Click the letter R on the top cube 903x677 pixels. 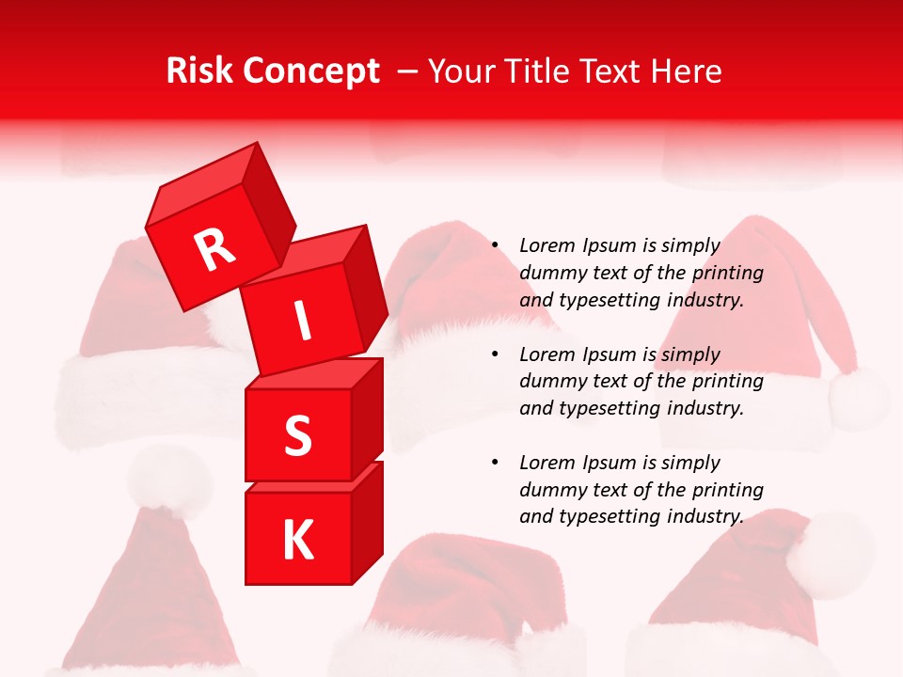pos(214,249)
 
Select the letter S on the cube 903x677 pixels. pos(297,435)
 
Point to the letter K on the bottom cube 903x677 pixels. pos(297,540)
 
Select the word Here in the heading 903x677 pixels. pos(689,71)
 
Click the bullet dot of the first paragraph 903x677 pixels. pos(495,246)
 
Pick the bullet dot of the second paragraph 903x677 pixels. pos(495,354)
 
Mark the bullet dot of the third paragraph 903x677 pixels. pos(495,463)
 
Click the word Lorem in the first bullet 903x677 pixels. pos(547,245)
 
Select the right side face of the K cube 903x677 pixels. pos(368,522)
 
